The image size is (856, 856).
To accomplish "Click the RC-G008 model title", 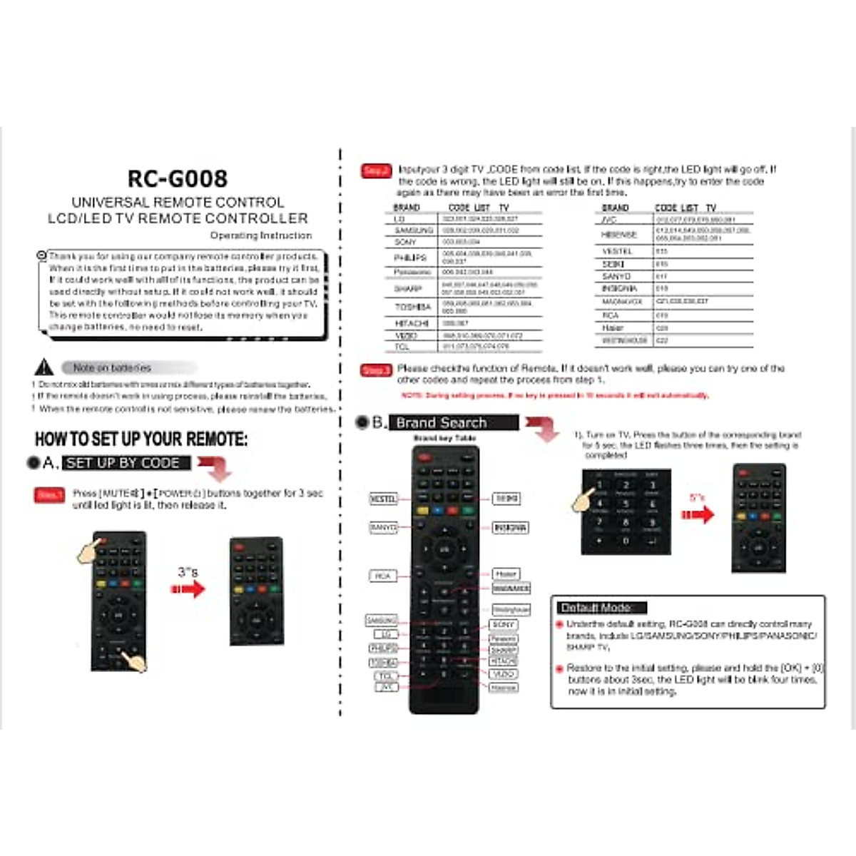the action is (x=178, y=178).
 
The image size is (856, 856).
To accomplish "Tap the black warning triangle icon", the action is (x=44, y=367).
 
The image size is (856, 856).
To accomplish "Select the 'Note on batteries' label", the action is (x=112, y=367).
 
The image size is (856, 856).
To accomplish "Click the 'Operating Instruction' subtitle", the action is (x=260, y=235).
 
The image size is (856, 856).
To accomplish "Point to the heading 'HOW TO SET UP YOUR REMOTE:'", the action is (x=141, y=439).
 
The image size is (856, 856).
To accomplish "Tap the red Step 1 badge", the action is (x=49, y=494).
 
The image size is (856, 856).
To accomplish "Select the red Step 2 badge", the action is (x=376, y=170).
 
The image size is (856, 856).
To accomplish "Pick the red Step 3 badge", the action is (x=376, y=370).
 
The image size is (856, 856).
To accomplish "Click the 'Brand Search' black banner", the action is (x=453, y=422).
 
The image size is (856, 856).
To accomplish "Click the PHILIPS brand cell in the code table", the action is (x=410, y=258).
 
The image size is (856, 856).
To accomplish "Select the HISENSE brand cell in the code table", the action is (x=618, y=234).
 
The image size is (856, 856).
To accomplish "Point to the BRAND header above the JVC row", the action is (x=615, y=208).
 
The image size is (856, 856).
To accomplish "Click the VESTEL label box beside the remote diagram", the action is (x=383, y=499).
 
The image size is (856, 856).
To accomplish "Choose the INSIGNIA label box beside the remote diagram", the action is (x=510, y=528).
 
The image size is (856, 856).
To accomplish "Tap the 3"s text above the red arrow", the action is (x=188, y=571).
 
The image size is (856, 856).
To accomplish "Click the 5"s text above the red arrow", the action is (x=697, y=498).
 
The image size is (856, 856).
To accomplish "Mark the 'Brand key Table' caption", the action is (x=444, y=438).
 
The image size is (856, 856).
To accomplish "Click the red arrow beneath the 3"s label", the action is (x=188, y=588).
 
